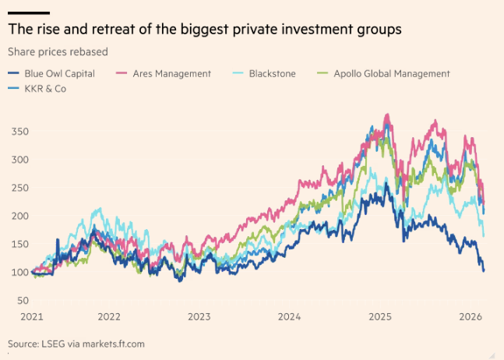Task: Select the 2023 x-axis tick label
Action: pyautogui.click(x=199, y=317)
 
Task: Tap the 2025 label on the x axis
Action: pyautogui.click(x=379, y=317)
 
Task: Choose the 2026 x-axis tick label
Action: pyautogui.click(x=470, y=317)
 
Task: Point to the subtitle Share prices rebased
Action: pyautogui.click(x=57, y=52)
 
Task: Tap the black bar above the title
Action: pyautogui.click(x=29, y=13)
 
